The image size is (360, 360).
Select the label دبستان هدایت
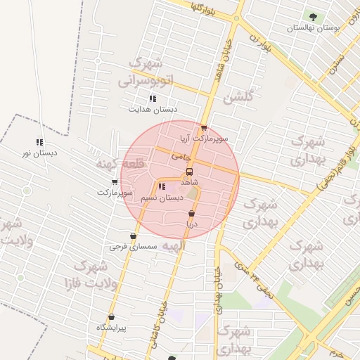click(x=153, y=109)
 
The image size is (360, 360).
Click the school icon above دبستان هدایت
click(x=153, y=98)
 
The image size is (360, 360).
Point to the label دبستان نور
click(x=40, y=153)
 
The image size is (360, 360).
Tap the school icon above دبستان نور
click(x=39, y=142)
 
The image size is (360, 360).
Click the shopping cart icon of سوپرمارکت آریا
click(x=204, y=128)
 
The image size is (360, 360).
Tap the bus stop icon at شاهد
click(x=188, y=172)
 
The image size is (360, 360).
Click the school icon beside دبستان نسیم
click(x=162, y=187)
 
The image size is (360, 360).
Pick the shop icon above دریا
click(x=191, y=213)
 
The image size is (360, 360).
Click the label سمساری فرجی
click(x=127, y=247)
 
